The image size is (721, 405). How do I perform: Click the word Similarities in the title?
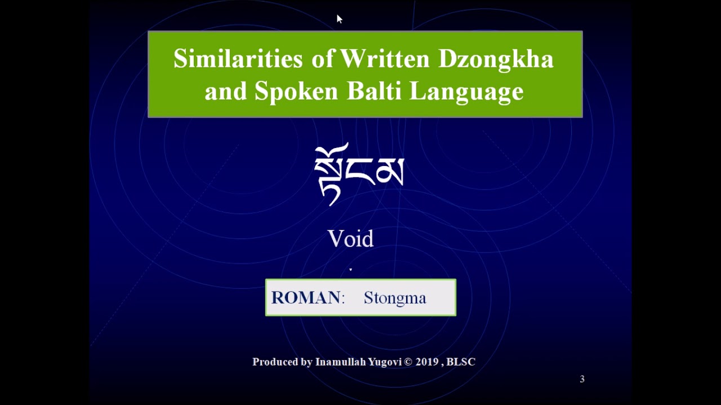click(238, 59)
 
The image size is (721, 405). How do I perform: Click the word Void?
click(350, 239)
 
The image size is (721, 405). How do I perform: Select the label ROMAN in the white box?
click(306, 298)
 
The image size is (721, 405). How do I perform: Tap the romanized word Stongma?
click(395, 298)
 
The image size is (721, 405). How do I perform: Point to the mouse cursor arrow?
click(339, 19)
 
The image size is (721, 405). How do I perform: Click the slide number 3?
click(582, 379)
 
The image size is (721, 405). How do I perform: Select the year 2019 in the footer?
click(427, 362)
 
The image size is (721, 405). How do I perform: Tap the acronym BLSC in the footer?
click(460, 362)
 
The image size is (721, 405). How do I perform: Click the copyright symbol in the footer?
click(408, 362)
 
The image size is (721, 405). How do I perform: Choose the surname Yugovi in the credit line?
click(385, 362)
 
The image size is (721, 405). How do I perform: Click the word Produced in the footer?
click(275, 362)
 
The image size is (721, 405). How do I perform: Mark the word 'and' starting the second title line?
click(225, 91)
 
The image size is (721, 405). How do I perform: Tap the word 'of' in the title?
click(323, 59)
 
